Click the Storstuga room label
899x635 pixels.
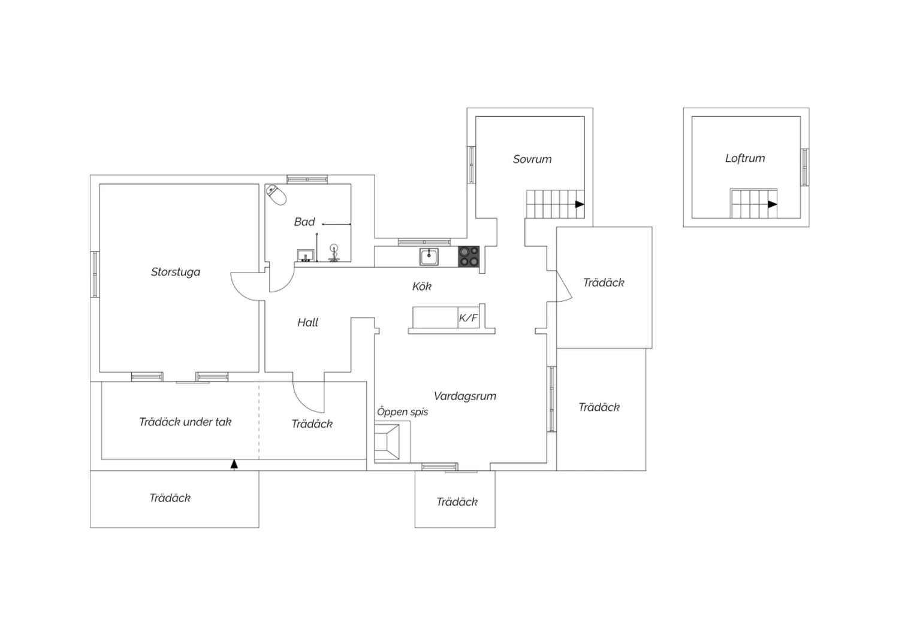pyautogui.click(x=176, y=272)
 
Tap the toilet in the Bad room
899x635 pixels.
pyautogui.click(x=277, y=194)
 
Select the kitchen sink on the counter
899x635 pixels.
pyautogui.click(x=429, y=256)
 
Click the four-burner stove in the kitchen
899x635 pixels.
pyautogui.click(x=469, y=256)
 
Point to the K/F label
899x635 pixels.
pyautogui.click(x=468, y=318)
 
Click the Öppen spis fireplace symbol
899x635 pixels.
pyautogui.click(x=387, y=442)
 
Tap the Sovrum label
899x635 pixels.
pyautogui.click(x=532, y=159)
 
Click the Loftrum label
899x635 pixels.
pyautogui.click(x=745, y=159)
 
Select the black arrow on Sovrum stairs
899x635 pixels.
pyautogui.click(x=580, y=204)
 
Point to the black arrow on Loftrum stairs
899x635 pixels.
pyautogui.click(x=773, y=204)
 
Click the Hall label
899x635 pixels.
pyautogui.click(x=308, y=323)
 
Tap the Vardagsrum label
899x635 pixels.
pyautogui.click(x=465, y=396)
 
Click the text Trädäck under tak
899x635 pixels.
pyautogui.click(x=185, y=422)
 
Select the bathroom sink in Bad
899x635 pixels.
pyautogui.click(x=306, y=256)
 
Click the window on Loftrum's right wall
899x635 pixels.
pyautogui.click(x=804, y=167)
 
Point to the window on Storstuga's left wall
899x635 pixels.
pyautogui.click(x=95, y=274)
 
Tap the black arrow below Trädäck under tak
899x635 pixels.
pyautogui.click(x=234, y=464)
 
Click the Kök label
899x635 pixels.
pyautogui.click(x=422, y=287)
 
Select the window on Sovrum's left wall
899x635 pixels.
pyautogui.click(x=472, y=165)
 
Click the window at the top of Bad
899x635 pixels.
pyautogui.click(x=307, y=179)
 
